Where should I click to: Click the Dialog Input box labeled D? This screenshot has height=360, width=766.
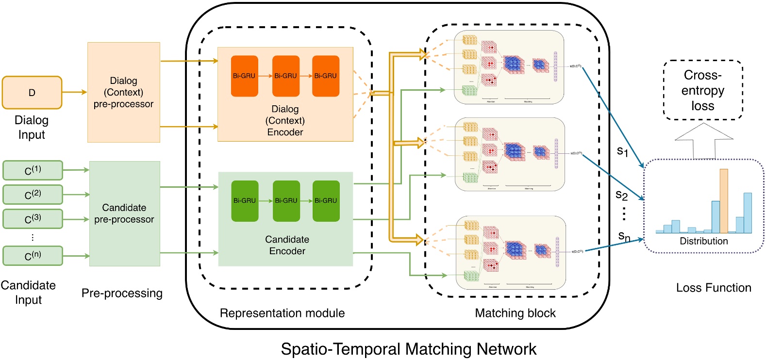(32, 92)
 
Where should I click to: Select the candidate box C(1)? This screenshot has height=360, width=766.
(33, 170)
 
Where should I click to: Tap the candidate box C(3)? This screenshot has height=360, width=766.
(33, 219)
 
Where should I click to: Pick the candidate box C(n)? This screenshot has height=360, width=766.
(33, 256)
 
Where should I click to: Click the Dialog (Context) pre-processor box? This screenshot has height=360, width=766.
(124, 92)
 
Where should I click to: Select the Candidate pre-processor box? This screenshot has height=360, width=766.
(124, 213)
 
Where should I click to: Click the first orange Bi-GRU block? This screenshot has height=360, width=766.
(244, 76)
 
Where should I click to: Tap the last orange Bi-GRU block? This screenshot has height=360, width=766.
(325, 76)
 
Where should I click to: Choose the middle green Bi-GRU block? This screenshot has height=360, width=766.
(286, 200)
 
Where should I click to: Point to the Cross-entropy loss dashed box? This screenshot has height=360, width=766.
(703, 90)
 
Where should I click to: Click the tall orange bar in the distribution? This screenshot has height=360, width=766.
(724, 201)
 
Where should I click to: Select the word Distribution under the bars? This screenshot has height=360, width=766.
(703, 241)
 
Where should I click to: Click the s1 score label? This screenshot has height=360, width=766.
(622, 151)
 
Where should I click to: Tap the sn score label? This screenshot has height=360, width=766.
(624, 236)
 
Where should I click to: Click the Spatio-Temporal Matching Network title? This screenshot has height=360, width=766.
(409, 349)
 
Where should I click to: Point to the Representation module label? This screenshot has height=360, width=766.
(282, 313)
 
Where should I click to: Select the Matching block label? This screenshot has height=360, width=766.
(515, 313)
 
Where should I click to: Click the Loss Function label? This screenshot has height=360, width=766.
(713, 288)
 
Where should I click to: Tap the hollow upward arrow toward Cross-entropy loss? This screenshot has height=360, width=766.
(703, 141)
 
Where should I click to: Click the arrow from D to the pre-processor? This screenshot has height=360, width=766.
(74, 92)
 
